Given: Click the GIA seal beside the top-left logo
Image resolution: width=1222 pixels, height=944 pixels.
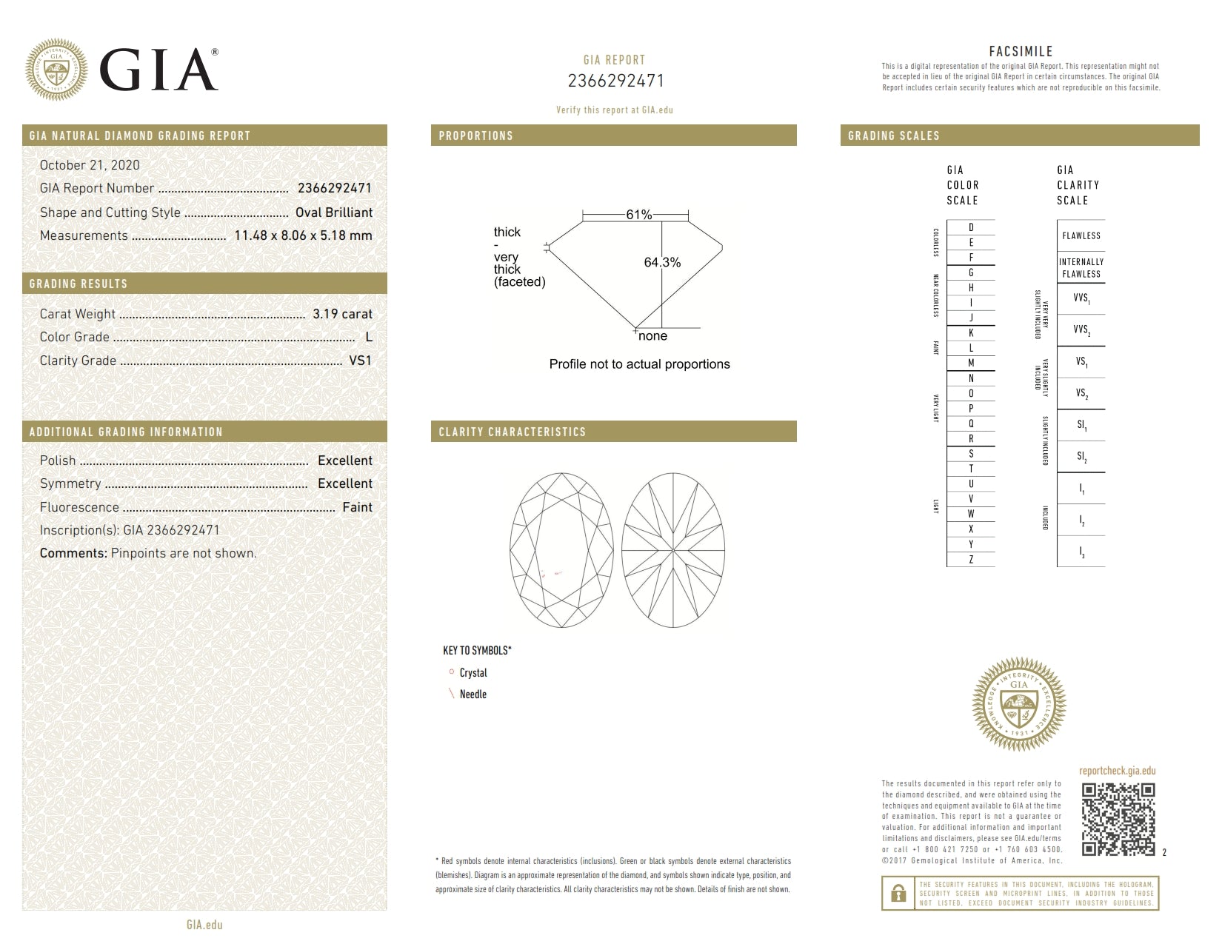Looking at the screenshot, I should click(x=56, y=70).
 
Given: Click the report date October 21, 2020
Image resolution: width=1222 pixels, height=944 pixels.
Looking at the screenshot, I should click(x=90, y=165).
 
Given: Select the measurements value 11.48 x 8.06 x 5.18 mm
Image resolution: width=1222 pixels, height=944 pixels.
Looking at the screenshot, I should click(x=303, y=235).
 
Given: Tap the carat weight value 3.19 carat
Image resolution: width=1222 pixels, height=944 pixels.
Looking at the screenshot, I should click(x=342, y=314).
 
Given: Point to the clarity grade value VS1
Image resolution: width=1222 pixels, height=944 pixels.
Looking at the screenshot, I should click(x=360, y=361).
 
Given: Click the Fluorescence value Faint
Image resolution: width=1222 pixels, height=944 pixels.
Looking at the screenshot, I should click(x=357, y=507).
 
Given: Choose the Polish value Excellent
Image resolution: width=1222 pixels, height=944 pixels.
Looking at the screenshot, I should click(x=344, y=461).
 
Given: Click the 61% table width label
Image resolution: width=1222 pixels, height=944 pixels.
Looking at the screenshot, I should click(x=638, y=215).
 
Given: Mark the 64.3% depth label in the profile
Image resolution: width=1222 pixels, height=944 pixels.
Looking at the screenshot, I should click(x=662, y=262).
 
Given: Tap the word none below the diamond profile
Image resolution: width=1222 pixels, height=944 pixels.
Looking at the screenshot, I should click(x=652, y=336).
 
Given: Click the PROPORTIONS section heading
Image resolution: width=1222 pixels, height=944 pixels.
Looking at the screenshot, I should click(x=475, y=135).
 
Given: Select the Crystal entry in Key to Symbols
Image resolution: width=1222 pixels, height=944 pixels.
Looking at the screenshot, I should click(x=473, y=673).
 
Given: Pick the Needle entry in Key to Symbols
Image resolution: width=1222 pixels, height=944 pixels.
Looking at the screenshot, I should click(x=473, y=694).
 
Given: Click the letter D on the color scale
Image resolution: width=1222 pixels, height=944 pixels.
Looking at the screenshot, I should click(x=971, y=227).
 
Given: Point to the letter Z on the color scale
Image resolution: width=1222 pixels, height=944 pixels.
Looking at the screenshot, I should click(x=971, y=560).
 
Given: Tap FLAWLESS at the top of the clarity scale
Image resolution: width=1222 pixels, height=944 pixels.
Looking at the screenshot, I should click(x=1081, y=235).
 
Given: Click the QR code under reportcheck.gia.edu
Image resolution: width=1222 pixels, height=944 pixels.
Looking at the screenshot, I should click(x=1118, y=819).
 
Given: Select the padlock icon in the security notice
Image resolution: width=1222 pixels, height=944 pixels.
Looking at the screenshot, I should click(x=898, y=893).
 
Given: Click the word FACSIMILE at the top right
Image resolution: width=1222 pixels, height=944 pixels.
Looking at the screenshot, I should click(x=1021, y=52).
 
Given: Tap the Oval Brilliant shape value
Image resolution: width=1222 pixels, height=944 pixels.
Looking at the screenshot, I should click(x=333, y=212).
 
